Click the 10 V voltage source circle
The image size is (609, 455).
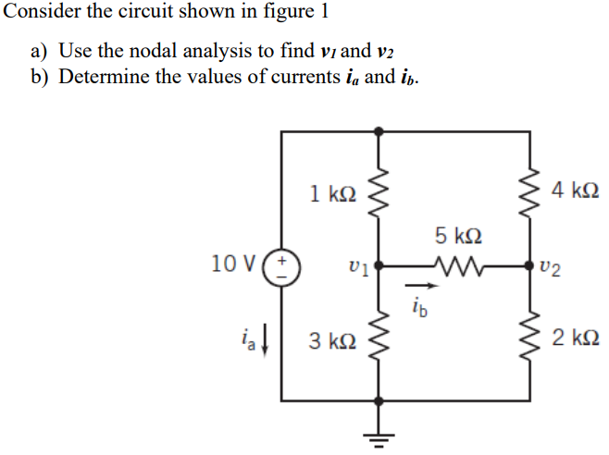coord(281,267)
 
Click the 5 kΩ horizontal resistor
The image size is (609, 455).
coord(458,266)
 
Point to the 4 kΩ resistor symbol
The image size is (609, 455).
coord(529,193)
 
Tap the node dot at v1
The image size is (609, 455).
coord(379,266)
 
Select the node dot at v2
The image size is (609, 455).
coord(529,266)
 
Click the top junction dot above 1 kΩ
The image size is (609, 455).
coord(379,131)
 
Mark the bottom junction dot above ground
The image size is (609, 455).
coord(379,400)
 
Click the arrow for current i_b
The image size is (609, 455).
coord(422,286)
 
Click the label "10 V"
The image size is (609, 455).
coord(234,264)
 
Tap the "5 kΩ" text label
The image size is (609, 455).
coord(458,236)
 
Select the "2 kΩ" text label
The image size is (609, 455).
coord(576,338)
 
